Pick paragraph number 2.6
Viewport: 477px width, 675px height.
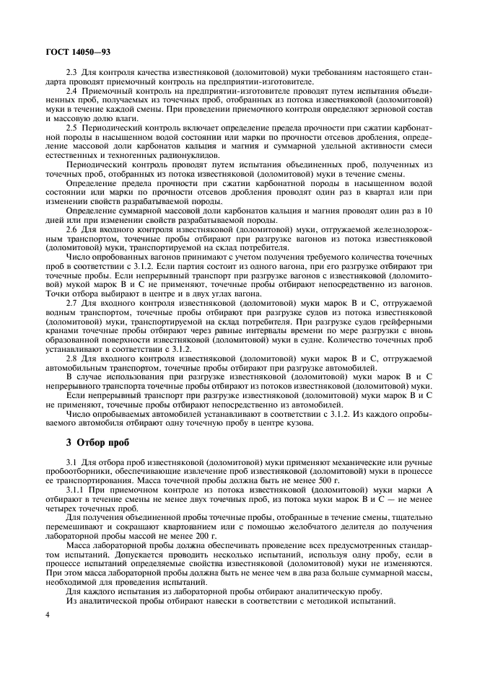[x=72, y=228]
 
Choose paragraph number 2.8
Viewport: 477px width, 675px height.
[x=72, y=357]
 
